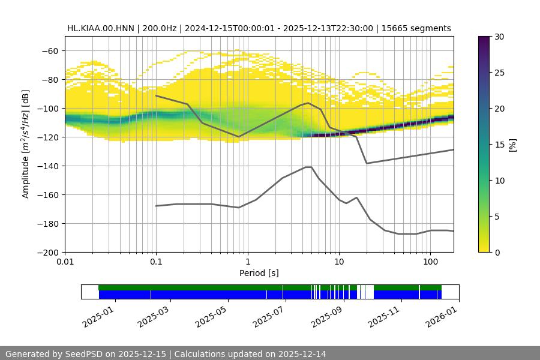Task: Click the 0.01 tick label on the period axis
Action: point(65,262)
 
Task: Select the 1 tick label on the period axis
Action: point(247,262)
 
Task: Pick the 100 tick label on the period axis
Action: point(430,262)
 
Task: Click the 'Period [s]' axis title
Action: point(259,273)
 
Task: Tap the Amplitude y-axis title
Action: point(26,144)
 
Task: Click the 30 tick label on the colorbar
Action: point(499,37)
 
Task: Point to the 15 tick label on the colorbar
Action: point(499,145)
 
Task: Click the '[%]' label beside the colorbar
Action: point(512,145)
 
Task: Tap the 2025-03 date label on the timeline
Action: point(153,314)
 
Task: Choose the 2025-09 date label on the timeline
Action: point(325,314)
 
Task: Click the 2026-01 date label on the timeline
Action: point(440,314)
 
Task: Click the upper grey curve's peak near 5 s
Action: point(308,103)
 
